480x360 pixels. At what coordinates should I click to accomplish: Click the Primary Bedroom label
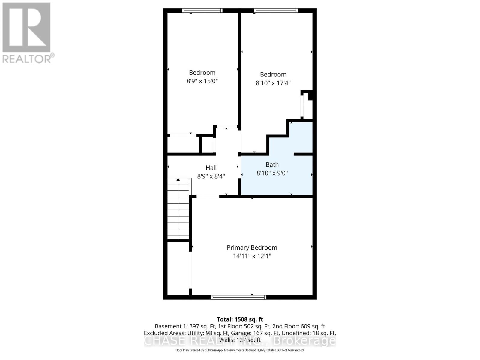point(252,247)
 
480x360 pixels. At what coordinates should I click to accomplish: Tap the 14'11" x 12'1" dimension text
point(252,256)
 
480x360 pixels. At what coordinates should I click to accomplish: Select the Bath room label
point(272,164)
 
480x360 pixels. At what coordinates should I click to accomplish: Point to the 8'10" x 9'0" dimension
point(272,173)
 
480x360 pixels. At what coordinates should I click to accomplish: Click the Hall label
point(211,168)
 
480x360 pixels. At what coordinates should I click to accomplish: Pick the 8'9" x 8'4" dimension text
point(211,176)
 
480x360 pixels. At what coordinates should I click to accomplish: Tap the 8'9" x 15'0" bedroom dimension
point(202,81)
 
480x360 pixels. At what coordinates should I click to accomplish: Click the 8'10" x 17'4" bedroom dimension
point(273,83)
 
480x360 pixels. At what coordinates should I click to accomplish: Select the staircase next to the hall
point(178,210)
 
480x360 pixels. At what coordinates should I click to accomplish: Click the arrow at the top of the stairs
point(178,179)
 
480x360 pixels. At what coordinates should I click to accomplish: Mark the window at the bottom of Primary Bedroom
point(238,297)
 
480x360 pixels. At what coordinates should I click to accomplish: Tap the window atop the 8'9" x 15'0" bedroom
point(202,10)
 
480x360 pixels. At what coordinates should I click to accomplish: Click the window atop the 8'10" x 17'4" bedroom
point(276,10)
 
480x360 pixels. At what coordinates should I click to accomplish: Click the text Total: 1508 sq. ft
point(240,319)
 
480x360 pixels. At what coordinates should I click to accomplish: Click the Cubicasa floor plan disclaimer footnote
point(240,350)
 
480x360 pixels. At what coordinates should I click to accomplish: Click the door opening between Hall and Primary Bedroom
point(208,196)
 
